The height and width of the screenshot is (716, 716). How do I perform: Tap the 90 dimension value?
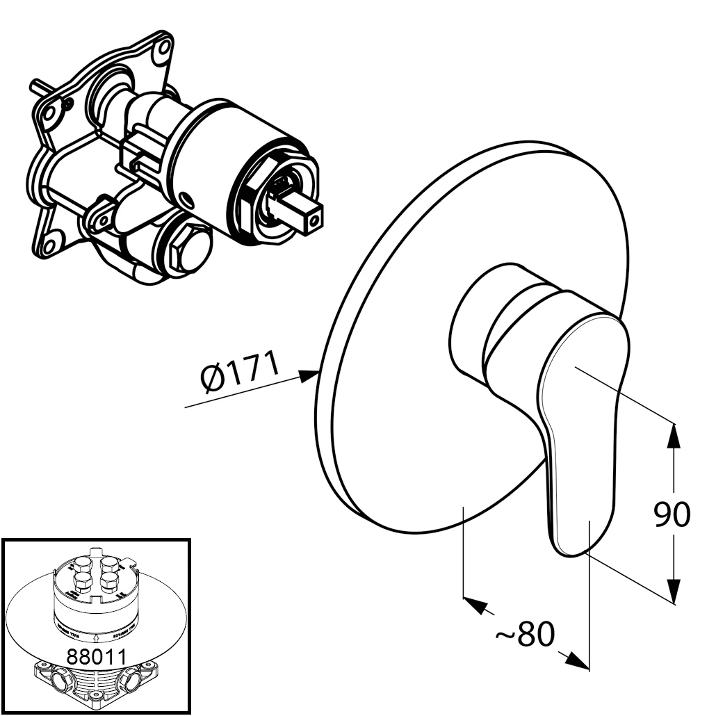pyautogui.click(x=672, y=514)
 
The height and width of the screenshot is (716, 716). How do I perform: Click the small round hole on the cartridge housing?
pyautogui.click(x=187, y=200)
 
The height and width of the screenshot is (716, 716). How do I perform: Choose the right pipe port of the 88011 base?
pyautogui.click(x=131, y=678)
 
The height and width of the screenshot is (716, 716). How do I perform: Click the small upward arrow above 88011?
pyautogui.click(x=95, y=635)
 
